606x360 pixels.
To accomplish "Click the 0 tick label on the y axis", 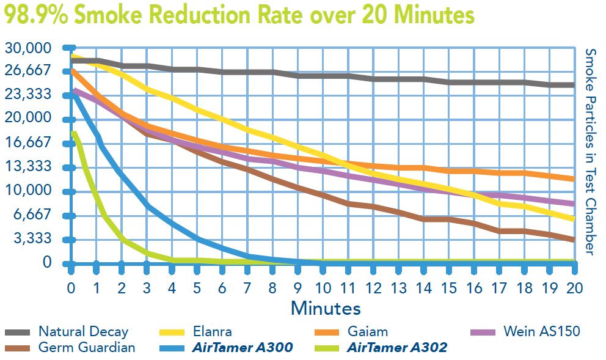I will tap(48, 262).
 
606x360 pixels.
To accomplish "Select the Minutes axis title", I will tap(326, 307).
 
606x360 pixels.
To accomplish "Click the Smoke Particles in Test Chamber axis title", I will tap(590, 152).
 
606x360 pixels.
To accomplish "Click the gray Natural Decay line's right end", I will tap(573, 85).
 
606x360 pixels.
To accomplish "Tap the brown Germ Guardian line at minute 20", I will tap(573, 240).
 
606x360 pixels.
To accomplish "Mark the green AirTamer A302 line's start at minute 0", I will tap(73, 133).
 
